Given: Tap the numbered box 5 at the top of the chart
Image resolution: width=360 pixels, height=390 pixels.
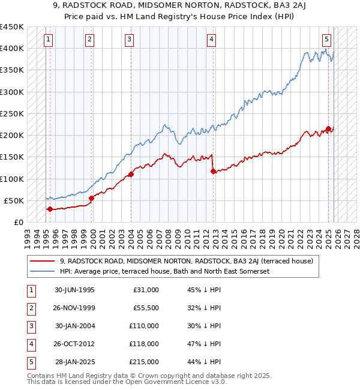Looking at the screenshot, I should (326, 40).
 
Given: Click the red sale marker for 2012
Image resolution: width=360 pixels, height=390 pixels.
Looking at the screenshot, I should (214, 171).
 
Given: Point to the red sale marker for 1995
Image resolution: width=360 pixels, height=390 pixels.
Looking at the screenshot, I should (50, 209).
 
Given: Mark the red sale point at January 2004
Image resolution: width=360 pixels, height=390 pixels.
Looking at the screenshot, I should (131, 175).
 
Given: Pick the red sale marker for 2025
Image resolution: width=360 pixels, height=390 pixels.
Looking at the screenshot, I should (328, 128).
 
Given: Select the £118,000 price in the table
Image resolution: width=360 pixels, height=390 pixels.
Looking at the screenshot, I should (144, 344).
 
